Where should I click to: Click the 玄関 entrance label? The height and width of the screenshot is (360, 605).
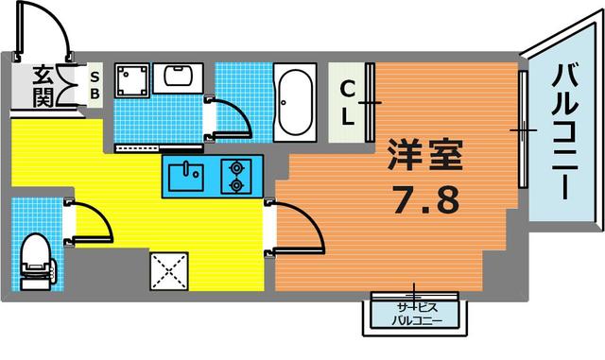pyautogui.click(x=43, y=87)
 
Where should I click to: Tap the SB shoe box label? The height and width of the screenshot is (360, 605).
pyautogui.click(x=95, y=86)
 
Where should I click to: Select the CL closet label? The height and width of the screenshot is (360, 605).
pyautogui.click(x=347, y=102)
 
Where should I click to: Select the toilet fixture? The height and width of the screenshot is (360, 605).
pyautogui.click(x=36, y=259)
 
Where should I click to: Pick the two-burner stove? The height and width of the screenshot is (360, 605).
pyautogui.click(x=233, y=177)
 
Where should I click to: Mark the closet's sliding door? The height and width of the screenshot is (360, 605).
pyautogui.click(x=371, y=102)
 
